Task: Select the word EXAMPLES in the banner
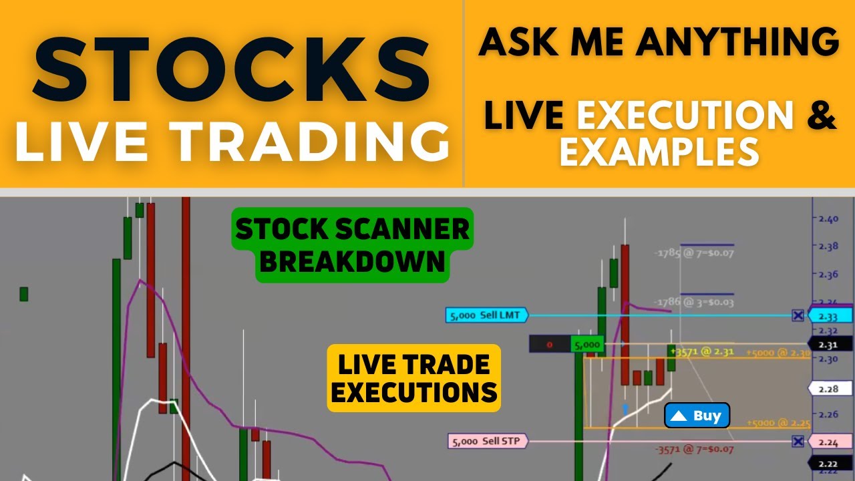pyautogui.click(x=659, y=152)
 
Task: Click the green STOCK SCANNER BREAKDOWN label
pyautogui.click(x=352, y=245)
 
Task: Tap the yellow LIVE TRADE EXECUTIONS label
pyautogui.click(x=414, y=378)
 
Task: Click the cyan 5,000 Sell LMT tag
pyautogui.click(x=487, y=315)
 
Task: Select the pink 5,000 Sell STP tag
pyautogui.click(x=487, y=441)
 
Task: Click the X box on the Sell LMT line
pyautogui.click(x=798, y=315)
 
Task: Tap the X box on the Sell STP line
pyautogui.click(x=798, y=442)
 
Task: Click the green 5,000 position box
pyautogui.click(x=588, y=345)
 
